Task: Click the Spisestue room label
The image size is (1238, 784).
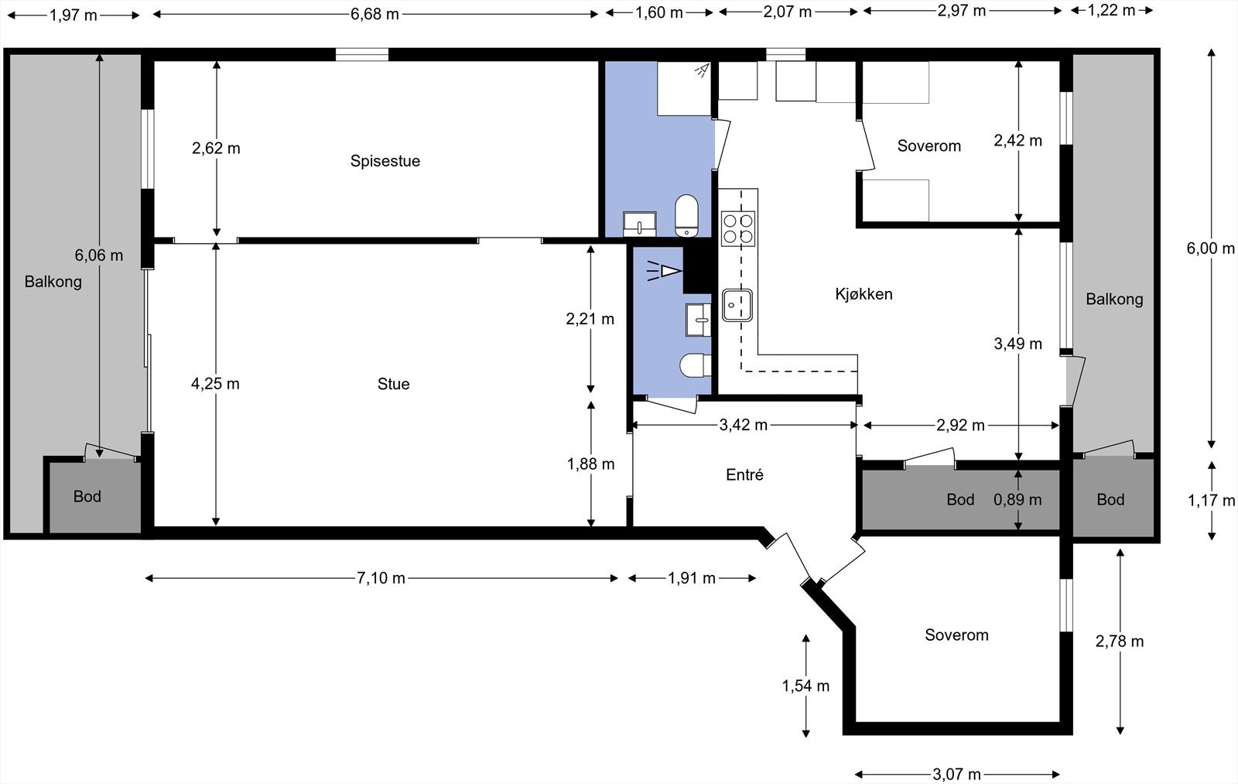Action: click(385, 161)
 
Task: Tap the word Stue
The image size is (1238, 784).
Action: click(394, 384)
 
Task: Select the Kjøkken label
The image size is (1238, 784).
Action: click(864, 294)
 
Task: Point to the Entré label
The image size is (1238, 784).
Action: click(744, 474)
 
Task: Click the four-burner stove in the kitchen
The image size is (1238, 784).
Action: click(738, 229)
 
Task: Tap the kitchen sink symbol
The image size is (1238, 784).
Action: click(737, 305)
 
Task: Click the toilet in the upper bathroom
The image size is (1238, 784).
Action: click(686, 216)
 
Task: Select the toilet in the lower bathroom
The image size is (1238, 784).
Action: click(696, 365)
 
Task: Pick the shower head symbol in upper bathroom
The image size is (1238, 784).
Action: click(703, 70)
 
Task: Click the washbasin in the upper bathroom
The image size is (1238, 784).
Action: click(639, 224)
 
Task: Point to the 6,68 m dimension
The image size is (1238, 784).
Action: click(374, 14)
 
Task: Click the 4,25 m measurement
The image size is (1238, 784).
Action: click(215, 384)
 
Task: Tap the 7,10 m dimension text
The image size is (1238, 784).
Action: click(381, 578)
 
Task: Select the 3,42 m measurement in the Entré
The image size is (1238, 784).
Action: click(744, 425)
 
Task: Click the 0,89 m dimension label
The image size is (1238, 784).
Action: click(1017, 500)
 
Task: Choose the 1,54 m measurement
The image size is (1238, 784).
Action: click(805, 686)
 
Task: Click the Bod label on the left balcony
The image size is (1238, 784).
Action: click(87, 497)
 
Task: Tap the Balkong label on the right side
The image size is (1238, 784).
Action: click(1114, 299)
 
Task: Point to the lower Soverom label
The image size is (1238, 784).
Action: click(956, 635)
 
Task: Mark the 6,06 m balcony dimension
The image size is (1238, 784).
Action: click(99, 255)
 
